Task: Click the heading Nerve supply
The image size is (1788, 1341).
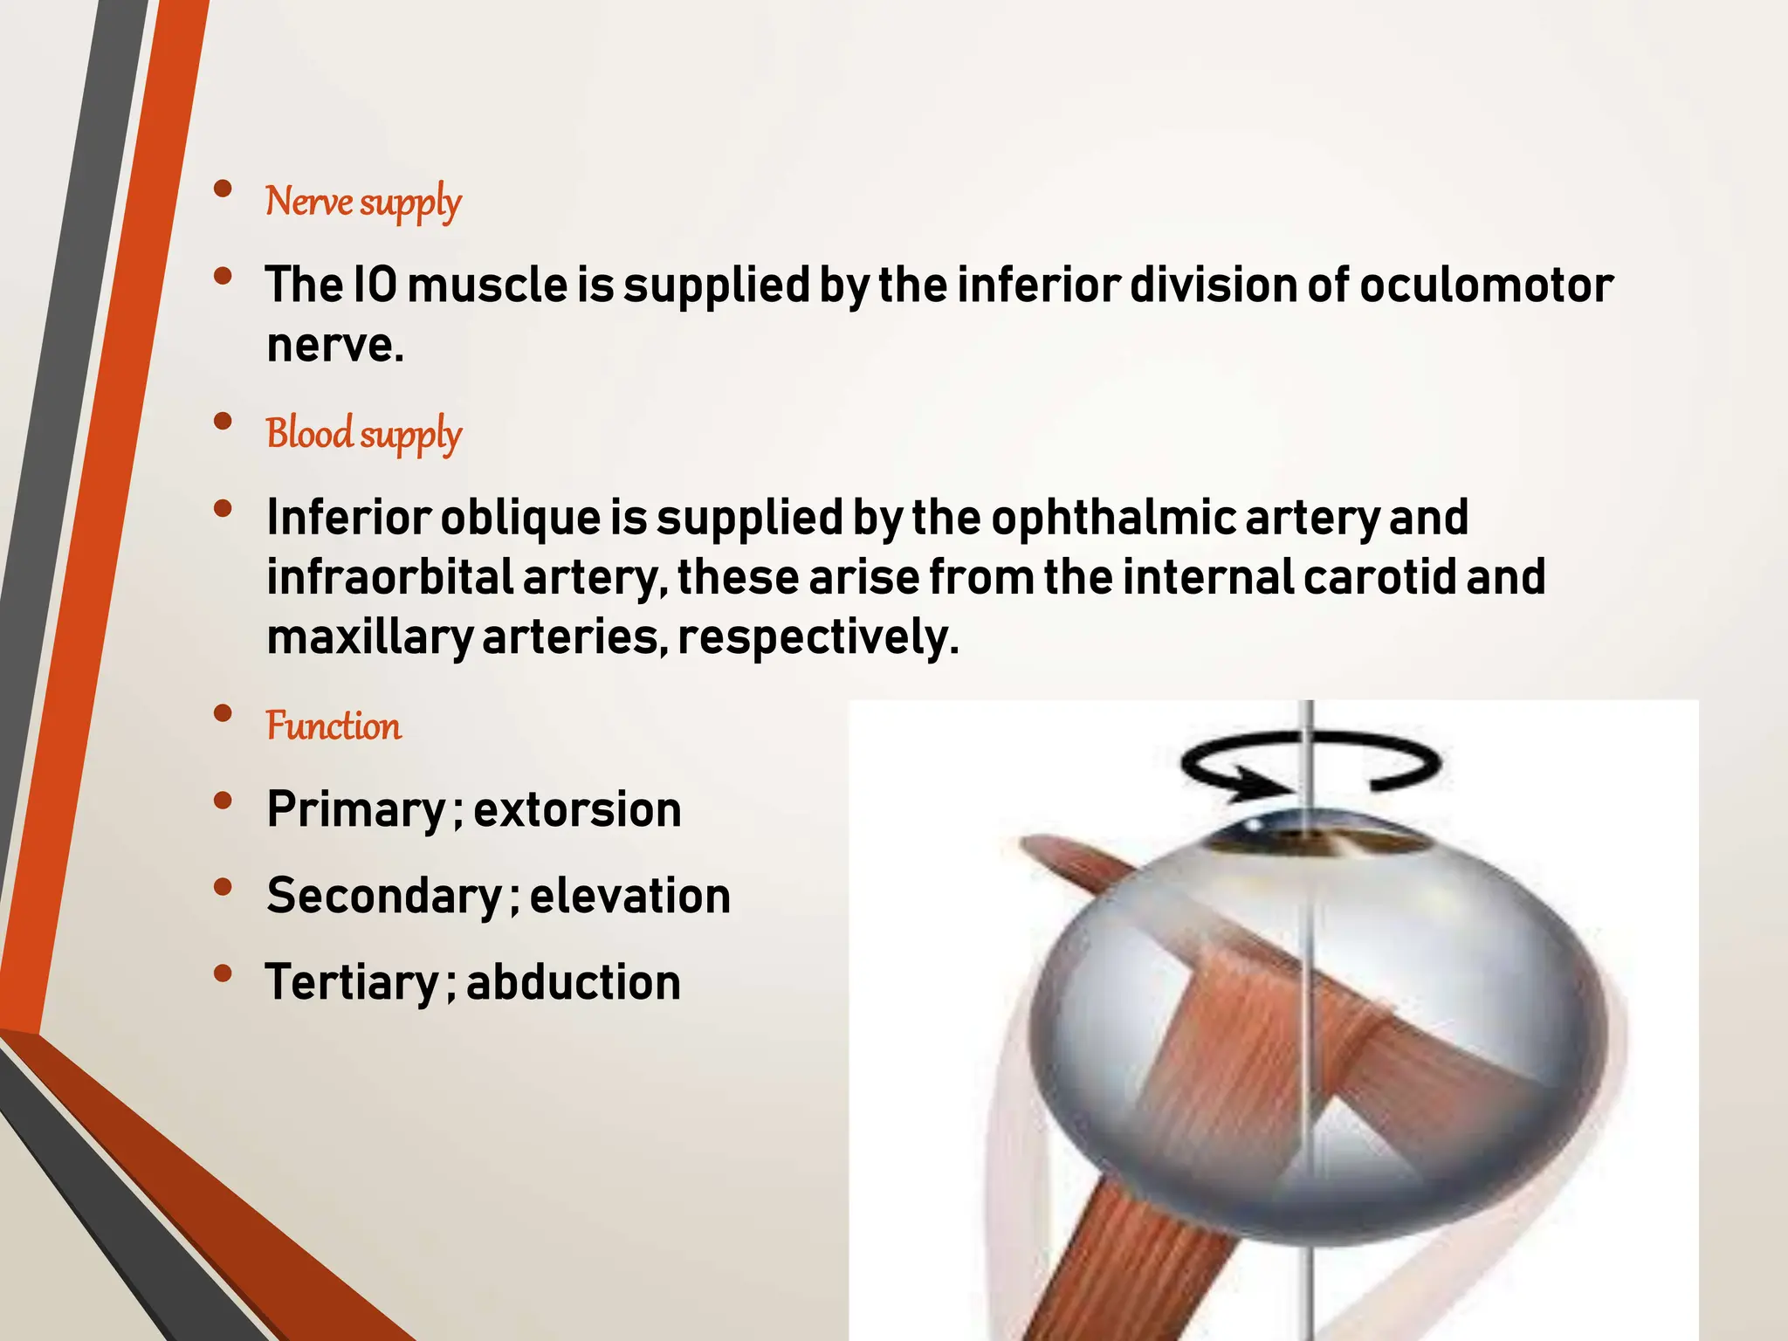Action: click(363, 202)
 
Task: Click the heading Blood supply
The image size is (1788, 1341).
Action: click(364, 434)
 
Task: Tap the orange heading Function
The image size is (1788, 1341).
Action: click(334, 726)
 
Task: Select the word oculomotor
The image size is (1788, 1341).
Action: click(1486, 285)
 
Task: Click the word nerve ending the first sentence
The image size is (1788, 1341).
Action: click(334, 345)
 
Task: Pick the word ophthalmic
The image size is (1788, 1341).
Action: click(1113, 517)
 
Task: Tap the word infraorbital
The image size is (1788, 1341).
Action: click(389, 577)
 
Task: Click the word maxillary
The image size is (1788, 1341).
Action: click(369, 637)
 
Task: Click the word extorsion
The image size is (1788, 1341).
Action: click(577, 809)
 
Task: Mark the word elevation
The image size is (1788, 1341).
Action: click(630, 896)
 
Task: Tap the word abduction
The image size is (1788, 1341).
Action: click(574, 982)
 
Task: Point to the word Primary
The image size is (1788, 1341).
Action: click(357, 809)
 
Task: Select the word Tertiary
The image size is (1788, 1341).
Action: click(352, 982)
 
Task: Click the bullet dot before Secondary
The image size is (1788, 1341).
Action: click(223, 887)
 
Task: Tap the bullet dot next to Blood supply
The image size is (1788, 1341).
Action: click(223, 422)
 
